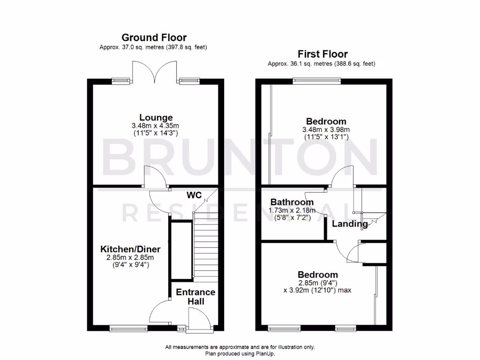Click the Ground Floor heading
coord(154,37)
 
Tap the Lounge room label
coord(156,118)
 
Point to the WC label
coord(194,195)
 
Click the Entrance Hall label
coord(195,297)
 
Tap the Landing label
coord(350,224)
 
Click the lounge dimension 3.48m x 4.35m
coord(156,126)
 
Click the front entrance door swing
coord(199,321)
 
